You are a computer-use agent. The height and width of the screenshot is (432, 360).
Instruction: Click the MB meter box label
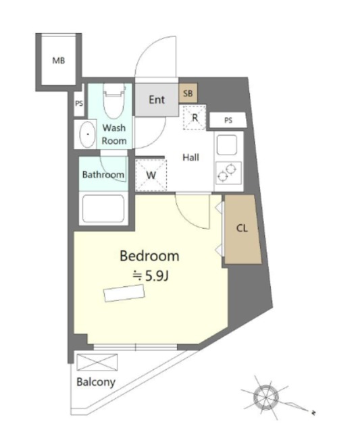click(59, 60)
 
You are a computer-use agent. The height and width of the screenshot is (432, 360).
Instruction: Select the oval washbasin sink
click(87, 134)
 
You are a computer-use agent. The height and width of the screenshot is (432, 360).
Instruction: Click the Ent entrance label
click(157, 99)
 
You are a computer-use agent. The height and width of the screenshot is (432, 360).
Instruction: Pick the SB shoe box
click(188, 93)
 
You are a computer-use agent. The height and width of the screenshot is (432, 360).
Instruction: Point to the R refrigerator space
click(195, 117)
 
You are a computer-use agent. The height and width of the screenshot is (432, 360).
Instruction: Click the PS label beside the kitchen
click(228, 120)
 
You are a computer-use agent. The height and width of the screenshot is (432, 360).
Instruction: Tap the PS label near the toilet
click(79, 103)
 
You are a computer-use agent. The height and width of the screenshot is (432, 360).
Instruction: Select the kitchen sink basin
click(226, 145)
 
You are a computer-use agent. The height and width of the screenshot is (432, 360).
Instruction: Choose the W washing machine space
click(151, 175)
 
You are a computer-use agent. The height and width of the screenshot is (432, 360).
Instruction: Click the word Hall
click(190, 157)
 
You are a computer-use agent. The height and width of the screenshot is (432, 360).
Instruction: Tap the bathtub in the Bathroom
click(103, 209)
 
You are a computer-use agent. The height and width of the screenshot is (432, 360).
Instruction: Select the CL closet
click(242, 229)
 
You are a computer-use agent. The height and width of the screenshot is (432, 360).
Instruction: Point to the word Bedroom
click(149, 256)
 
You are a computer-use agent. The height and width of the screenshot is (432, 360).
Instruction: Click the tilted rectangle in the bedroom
click(124, 293)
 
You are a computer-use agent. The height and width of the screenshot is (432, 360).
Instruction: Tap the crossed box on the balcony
click(97, 362)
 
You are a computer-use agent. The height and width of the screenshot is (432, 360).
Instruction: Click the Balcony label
click(96, 382)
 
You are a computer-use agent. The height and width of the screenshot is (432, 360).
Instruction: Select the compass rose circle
click(265, 398)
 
